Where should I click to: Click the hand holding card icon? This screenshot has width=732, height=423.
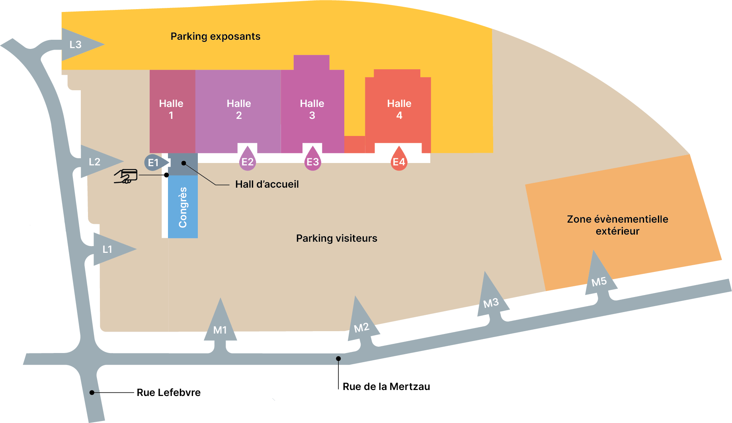point(126,176)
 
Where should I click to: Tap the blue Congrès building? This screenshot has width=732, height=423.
point(183,207)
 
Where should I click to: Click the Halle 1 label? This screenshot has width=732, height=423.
point(171,109)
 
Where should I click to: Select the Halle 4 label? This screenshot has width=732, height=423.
point(399,109)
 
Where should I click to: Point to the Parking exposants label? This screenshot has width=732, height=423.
point(215,37)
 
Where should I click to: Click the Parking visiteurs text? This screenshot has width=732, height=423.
point(337,238)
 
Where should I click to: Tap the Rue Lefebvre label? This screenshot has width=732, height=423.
point(169,392)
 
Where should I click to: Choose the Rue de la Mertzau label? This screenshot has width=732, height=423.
point(386,386)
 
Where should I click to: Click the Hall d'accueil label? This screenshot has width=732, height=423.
point(267,184)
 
